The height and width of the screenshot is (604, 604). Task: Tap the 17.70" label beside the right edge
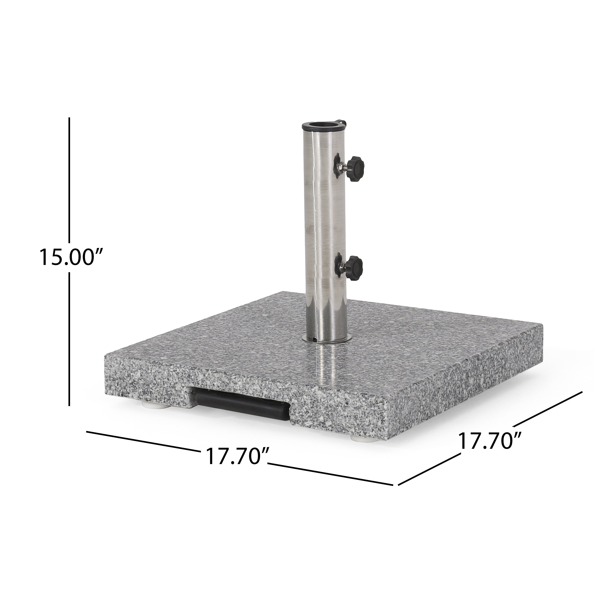[x=490, y=441]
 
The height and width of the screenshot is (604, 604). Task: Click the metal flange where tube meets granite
[x=327, y=339]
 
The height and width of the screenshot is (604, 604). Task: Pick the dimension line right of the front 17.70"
[x=330, y=481]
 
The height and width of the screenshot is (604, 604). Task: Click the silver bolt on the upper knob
[x=345, y=165]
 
